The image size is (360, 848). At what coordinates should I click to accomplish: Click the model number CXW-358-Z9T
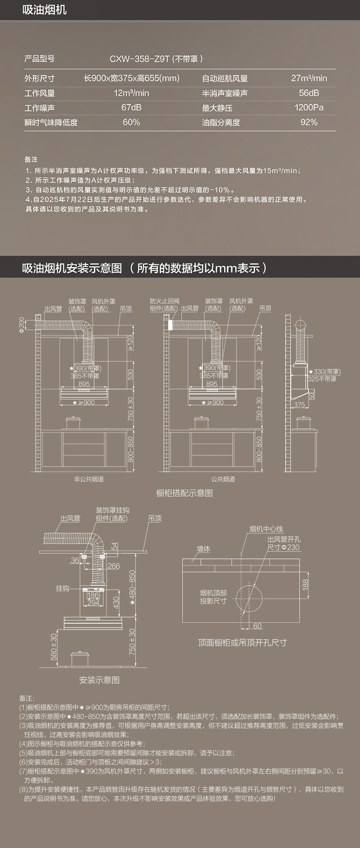[x=139, y=59]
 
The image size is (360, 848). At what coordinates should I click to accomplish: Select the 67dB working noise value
[x=131, y=108]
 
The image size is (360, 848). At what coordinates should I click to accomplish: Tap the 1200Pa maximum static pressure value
[x=309, y=108]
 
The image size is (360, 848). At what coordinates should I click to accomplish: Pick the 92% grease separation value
[x=309, y=122]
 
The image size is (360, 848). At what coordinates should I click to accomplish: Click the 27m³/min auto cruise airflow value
[x=309, y=78]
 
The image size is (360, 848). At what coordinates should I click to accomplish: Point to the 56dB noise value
[x=309, y=93]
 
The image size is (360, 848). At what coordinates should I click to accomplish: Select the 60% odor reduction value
[x=131, y=122]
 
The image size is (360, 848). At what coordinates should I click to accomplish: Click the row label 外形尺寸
[x=40, y=78]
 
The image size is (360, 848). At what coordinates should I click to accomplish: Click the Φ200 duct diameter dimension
[x=21, y=325]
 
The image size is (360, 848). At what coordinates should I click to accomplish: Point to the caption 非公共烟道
[x=89, y=479]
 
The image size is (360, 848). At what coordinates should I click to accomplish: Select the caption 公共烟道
[x=223, y=479]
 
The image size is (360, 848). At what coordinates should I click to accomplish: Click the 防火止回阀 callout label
[x=165, y=301]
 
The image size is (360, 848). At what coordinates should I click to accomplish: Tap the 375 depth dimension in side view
[x=299, y=405]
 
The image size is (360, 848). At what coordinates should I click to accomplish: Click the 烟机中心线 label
[x=266, y=529]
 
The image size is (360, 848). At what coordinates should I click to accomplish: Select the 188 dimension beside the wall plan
[x=305, y=584]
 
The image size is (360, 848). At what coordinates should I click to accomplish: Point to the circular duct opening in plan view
[x=249, y=598]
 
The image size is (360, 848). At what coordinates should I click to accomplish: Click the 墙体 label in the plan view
[x=203, y=549]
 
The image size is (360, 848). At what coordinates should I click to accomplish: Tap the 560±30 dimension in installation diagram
[x=54, y=646]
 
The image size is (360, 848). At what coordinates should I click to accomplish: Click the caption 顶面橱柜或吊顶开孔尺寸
[x=242, y=642]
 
